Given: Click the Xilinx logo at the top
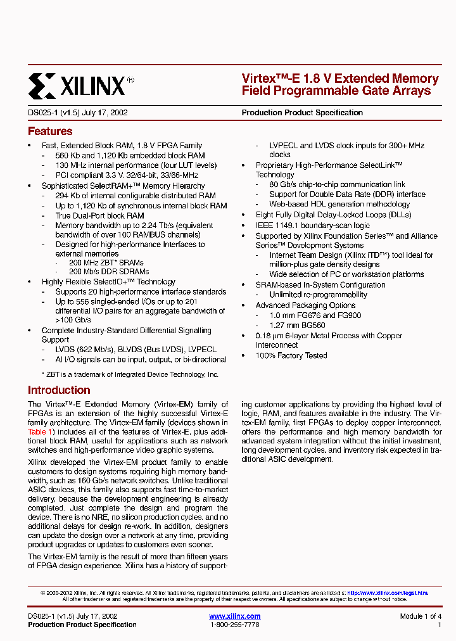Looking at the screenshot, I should click(x=81, y=85).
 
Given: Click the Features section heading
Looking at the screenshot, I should click(x=50, y=132).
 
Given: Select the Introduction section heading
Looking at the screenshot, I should click(x=59, y=390).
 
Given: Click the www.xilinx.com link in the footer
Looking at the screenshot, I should click(x=234, y=616).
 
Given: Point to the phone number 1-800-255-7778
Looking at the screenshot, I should click(x=234, y=625).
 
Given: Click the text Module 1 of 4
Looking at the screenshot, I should click(x=421, y=616).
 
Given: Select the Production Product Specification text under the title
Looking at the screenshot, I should click(x=302, y=113).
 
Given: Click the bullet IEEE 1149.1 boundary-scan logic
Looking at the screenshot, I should click(x=313, y=225).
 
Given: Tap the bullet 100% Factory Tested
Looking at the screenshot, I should click(x=291, y=355).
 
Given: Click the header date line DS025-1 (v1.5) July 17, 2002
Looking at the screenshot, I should click(x=78, y=113).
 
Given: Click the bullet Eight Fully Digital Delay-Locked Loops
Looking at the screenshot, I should click(x=333, y=215).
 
